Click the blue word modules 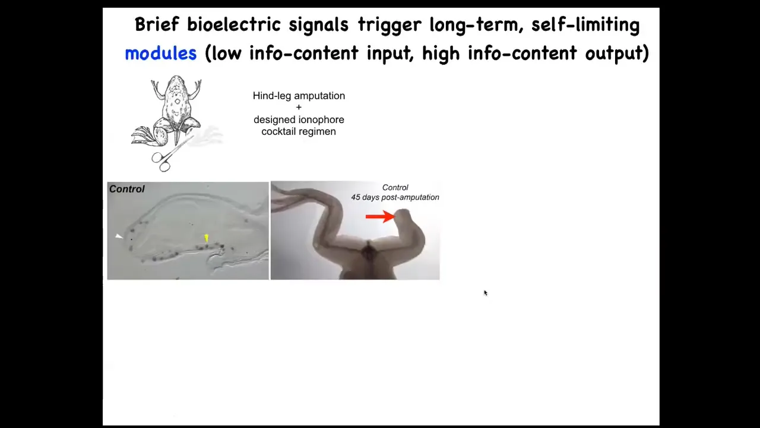click(x=161, y=53)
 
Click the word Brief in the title click(x=157, y=24)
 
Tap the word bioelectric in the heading click(x=234, y=24)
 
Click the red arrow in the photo click(x=381, y=216)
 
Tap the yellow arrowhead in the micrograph click(x=206, y=238)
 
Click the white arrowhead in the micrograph click(x=119, y=236)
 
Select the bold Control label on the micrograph click(x=127, y=189)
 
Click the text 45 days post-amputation click(x=395, y=197)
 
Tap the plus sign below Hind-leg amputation click(x=299, y=108)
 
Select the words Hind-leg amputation click(x=299, y=96)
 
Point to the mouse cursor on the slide click(x=486, y=293)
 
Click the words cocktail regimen click(x=299, y=132)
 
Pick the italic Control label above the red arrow click(x=395, y=187)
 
